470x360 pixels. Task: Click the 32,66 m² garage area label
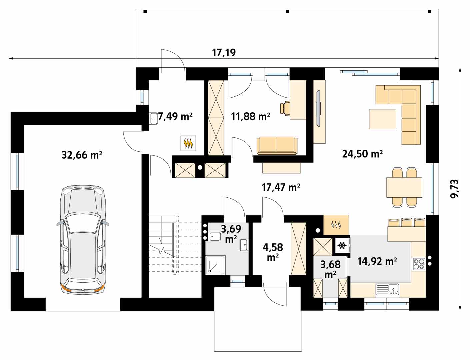82,155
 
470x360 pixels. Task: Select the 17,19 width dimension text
224,53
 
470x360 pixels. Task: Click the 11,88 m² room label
250,117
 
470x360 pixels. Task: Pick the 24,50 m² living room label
363,154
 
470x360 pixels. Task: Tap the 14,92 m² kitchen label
377,261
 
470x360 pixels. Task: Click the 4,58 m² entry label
273,252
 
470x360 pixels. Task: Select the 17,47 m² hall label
281,187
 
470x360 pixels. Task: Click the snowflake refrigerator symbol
342,245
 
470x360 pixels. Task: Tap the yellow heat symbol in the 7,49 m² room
188,143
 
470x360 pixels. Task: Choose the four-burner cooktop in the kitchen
419,264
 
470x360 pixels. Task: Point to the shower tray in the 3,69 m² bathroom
215,265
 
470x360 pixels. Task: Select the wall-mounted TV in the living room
318,108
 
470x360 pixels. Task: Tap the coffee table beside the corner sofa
383,119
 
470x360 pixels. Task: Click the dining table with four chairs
404,187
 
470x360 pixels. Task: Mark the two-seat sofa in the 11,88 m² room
277,146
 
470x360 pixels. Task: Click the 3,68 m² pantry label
330,270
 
